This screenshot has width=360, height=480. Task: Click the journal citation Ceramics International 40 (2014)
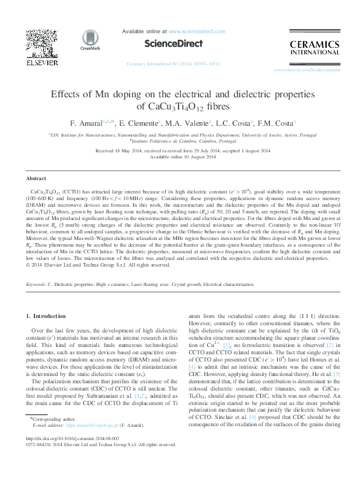(172, 63)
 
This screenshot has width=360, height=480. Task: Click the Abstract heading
(34, 179)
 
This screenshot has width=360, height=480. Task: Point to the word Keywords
(36, 284)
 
